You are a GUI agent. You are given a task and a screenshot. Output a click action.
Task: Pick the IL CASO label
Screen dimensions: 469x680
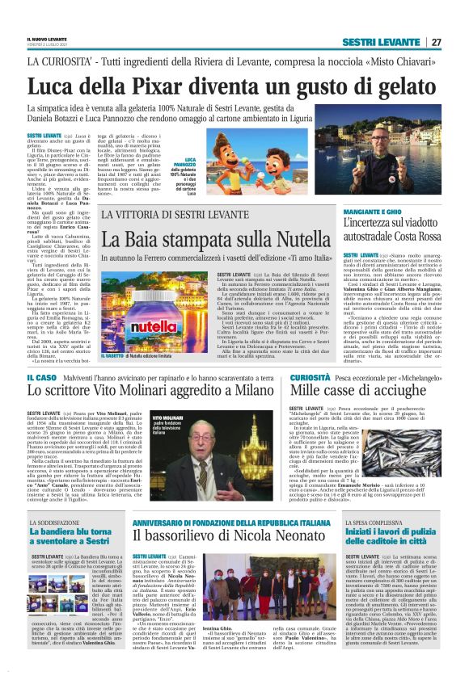pyautogui.click(x=40, y=377)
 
